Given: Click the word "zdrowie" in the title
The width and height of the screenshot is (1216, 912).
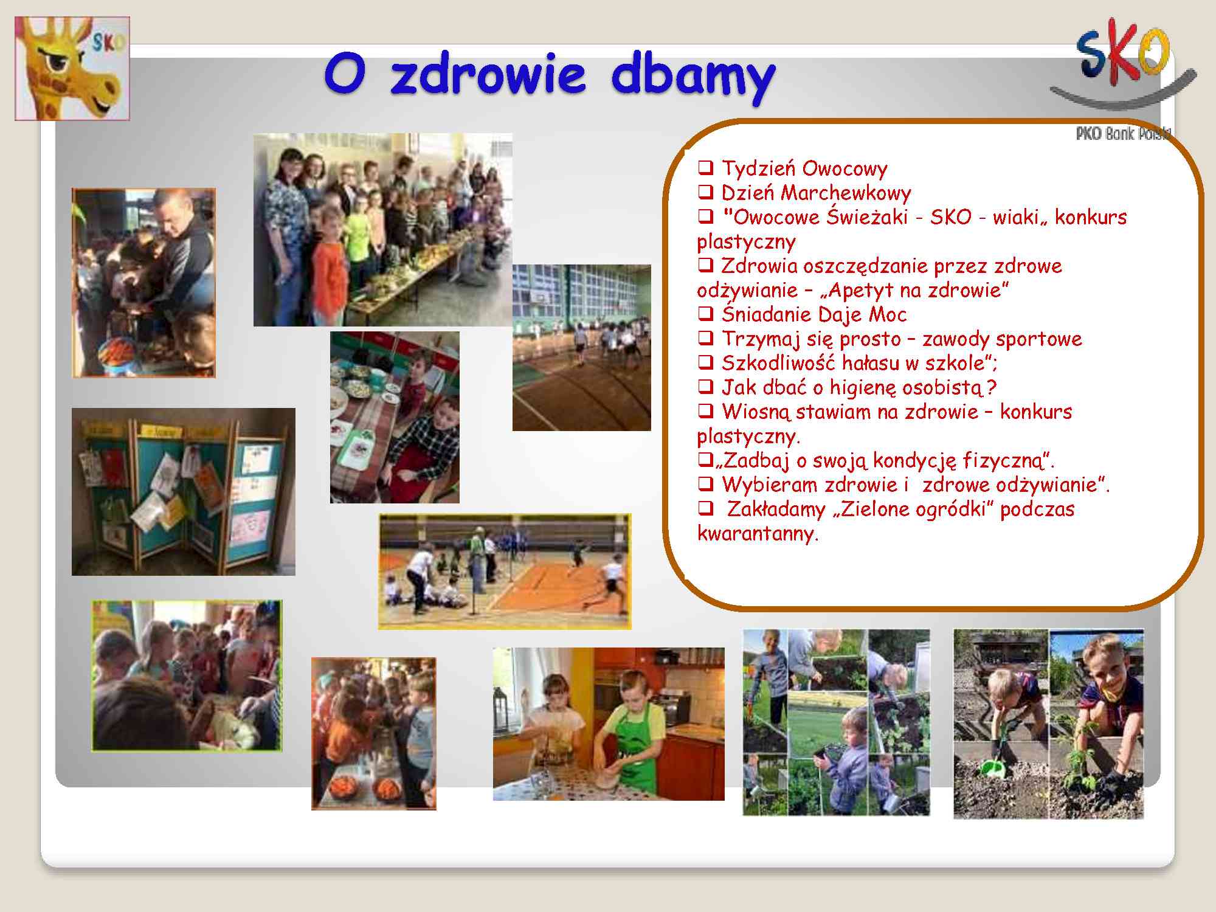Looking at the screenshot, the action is point(487,75).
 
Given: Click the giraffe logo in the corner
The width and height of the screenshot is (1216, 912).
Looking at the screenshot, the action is point(72,68).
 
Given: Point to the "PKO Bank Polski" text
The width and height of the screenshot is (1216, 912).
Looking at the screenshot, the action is point(1123,134).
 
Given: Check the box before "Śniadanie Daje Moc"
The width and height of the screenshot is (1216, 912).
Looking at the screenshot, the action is point(705,314).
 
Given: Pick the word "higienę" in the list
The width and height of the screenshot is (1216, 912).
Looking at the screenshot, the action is point(863,387).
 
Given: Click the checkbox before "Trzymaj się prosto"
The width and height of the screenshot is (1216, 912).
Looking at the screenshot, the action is point(705,338).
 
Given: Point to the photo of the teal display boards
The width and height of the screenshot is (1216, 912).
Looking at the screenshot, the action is point(184,492).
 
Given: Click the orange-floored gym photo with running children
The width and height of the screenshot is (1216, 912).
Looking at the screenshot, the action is point(505,572).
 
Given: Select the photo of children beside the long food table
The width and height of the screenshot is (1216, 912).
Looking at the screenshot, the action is point(383,230).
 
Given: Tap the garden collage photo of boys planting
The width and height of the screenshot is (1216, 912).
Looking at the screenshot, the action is point(836,722).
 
